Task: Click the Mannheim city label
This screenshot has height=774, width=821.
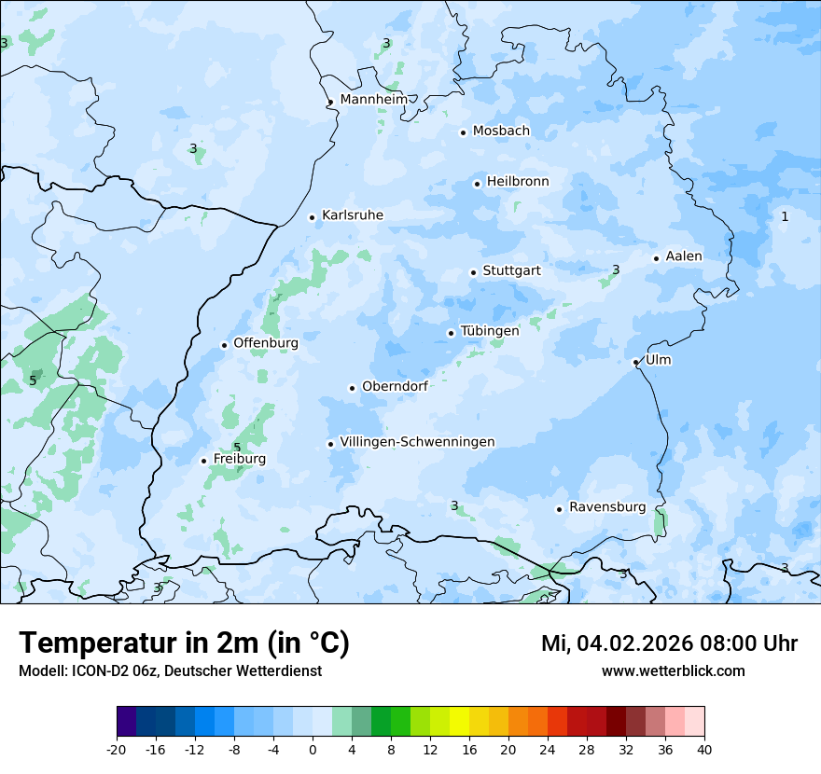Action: [x=373, y=100]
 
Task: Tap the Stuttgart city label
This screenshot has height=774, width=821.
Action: [x=511, y=271]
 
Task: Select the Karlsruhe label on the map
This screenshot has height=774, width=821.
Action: [x=352, y=215]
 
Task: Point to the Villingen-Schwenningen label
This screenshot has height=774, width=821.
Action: [x=417, y=442]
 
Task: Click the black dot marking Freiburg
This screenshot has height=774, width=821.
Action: [x=203, y=461]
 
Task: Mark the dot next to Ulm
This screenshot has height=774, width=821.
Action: [x=635, y=362]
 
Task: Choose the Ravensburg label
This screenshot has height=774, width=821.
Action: [x=606, y=507]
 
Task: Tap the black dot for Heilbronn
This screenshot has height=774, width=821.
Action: [x=477, y=184]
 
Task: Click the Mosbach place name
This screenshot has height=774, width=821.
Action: [x=501, y=131]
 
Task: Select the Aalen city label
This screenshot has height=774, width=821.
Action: [x=684, y=256]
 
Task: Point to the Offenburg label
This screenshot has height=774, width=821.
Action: [x=266, y=343]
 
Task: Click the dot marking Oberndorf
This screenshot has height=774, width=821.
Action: [x=352, y=388]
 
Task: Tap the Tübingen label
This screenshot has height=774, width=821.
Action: [x=490, y=331]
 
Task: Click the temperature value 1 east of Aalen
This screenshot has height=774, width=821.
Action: [x=785, y=216]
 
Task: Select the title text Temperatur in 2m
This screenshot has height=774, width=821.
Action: [x=184, y=643]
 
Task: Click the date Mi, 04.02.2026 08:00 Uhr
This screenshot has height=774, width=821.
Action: [x=669, y=643]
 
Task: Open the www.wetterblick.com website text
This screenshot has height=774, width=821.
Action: [x=673, y=671]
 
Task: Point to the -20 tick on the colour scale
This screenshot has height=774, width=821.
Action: [x=117, y=750]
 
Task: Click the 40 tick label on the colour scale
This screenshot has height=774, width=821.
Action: [x=703, y=750]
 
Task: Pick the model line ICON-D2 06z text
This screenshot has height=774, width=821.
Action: [x=170, y=671]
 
